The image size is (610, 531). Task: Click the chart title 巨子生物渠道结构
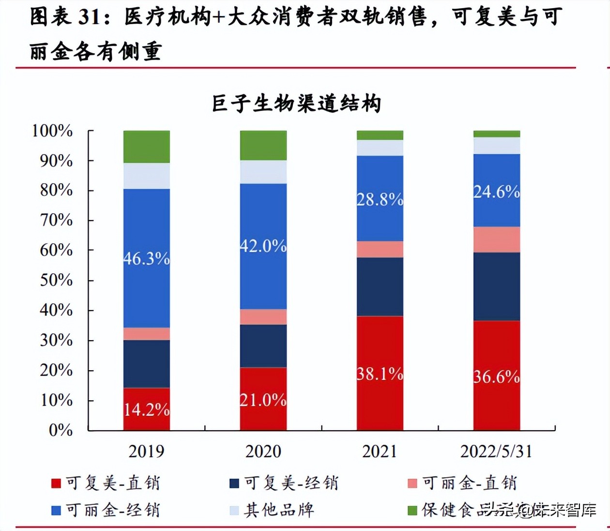click(x=296, y=104)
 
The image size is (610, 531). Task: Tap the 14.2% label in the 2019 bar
click(x=147, y=410)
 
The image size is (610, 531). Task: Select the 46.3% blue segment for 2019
click(x=147, y=258)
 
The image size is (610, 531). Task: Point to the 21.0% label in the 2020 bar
click(x=263, y=400)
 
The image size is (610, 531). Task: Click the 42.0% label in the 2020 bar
click(x=263, y=246)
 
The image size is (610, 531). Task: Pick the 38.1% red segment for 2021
click(x=380, y=374)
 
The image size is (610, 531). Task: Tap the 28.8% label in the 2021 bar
click(x=380, y=199)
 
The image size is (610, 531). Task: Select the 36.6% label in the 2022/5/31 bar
click(x=497, y=376)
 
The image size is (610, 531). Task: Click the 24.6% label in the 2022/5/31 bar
click(x=497, y=192)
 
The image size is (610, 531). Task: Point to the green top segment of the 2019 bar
click(x=147, y=147)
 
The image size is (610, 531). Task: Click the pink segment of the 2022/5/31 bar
click(x=497, y=239)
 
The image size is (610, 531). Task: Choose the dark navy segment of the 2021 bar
click(x=380, y=286)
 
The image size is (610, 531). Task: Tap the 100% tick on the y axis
click(x=52, y=131)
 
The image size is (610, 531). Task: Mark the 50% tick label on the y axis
click(x=56, y=280)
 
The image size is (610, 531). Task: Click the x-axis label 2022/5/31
click(x=496, y=452)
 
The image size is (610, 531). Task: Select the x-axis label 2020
click(x=263, y=452)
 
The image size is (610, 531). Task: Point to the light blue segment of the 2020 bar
click(x=263, y=172)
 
